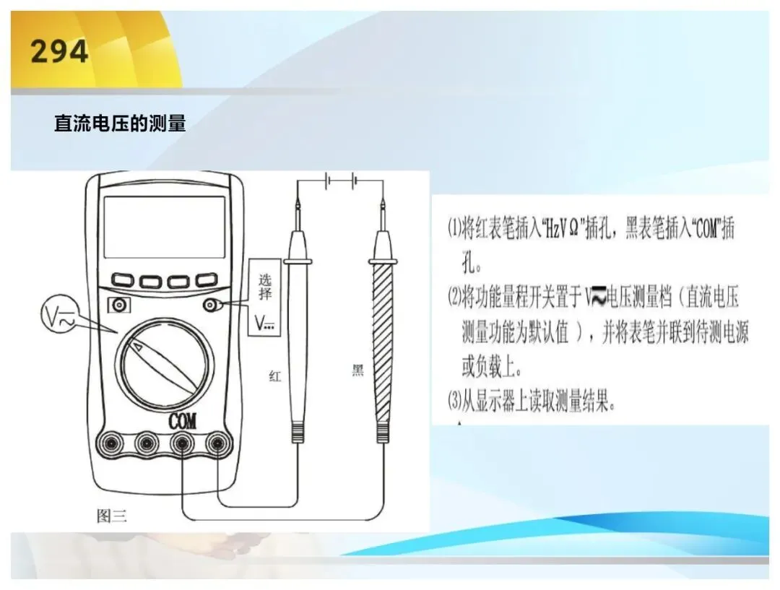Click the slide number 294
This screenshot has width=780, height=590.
point(59,51)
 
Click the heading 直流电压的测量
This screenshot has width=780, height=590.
point(120,123)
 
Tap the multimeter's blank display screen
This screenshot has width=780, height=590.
point(164,227)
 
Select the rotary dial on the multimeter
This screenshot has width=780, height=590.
point(165,365)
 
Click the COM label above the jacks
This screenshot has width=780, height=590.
point(182,421)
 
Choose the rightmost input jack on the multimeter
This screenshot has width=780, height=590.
point(217,442)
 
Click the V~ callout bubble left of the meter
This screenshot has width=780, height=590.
point(59,314)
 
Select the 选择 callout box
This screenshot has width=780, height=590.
point(264,297)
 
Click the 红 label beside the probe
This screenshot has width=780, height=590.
point(274,376)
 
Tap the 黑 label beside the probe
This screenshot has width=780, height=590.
point(358,370)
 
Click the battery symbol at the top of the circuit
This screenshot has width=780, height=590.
point(339,181)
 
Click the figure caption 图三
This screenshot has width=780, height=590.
point(111,516)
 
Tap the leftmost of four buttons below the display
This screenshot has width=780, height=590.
point(122,279)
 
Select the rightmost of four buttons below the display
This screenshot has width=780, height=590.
point(206,279)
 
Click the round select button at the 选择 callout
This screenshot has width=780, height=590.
point(210,305)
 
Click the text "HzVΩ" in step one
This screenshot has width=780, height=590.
point(562,229)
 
